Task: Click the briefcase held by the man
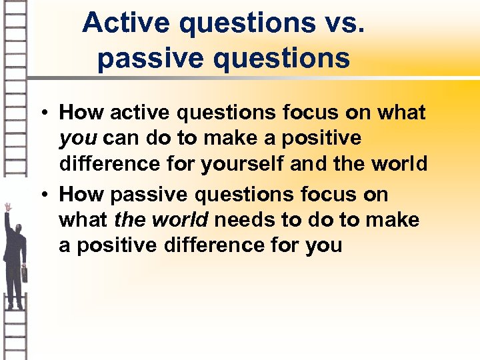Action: [24, 273]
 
